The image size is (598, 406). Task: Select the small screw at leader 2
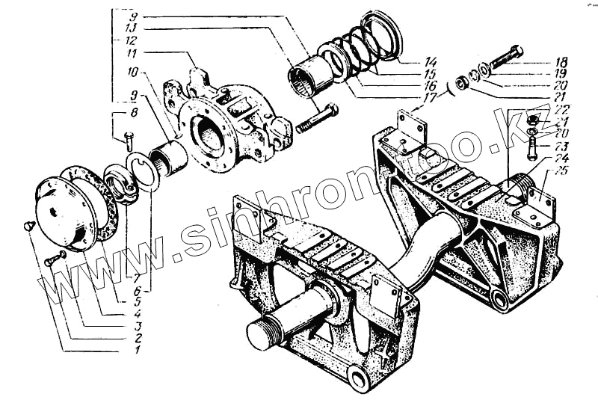52,259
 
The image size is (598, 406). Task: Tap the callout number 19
560,73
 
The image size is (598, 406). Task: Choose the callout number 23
560,147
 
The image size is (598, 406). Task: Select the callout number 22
560,111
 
